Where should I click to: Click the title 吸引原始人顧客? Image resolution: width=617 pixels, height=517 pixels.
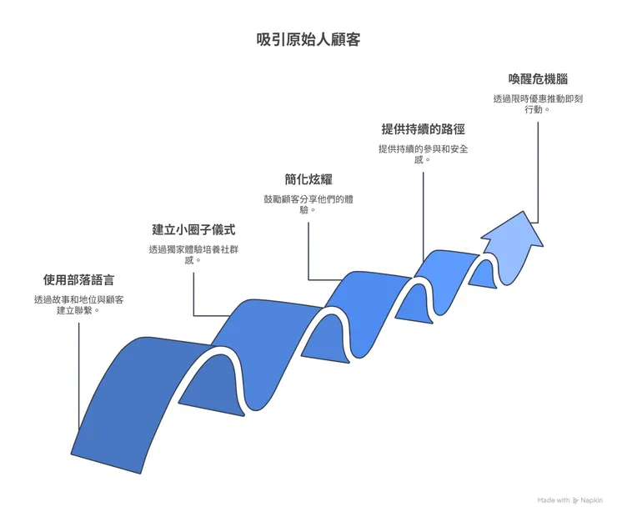pyautogui.click(x=308, y=39)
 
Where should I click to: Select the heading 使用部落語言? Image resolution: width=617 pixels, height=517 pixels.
pyautogui.click(x=79, y=279)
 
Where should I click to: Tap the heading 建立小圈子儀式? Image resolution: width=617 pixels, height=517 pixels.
pyautogui.click(x=193, y=228)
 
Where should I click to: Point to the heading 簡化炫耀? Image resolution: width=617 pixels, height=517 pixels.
pyautogui.click(x=308, y=178)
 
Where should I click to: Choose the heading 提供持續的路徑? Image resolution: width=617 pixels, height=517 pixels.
pyautogui.click(x=423, y=128)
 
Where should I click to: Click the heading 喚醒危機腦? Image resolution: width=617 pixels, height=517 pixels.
pyautogui.click(x=538, y=78)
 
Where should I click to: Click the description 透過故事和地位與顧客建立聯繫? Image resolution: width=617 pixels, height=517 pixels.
pyautogui.click(x=79, y=304)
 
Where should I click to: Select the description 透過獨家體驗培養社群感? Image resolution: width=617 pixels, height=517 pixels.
pyautogui.click(x=193, y=254)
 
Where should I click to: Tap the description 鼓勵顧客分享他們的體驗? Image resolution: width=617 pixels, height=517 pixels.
pyautogui.click(x=308, y=204)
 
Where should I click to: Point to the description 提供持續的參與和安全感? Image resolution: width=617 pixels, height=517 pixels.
pyautogui.click(x=423, y=154)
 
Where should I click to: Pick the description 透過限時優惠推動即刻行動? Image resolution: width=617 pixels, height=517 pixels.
pyautogui.click(x=538, y=103)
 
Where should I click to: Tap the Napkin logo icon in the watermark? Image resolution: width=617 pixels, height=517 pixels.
pyautogui.click(x=575, y=500)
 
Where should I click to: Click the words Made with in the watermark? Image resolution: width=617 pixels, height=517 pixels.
pyautogui.click(x=554, y=500)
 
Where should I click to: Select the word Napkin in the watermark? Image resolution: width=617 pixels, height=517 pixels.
pyautogui.click(x=592, y=500)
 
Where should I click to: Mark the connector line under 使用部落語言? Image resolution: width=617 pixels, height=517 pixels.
pyautogui.click(x=79, y=375)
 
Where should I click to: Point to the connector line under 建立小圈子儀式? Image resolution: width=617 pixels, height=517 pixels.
pyautogui.click(x=193, y=292)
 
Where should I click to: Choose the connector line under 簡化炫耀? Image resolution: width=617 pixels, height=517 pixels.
pyautogui.click(x=308, y=250)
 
